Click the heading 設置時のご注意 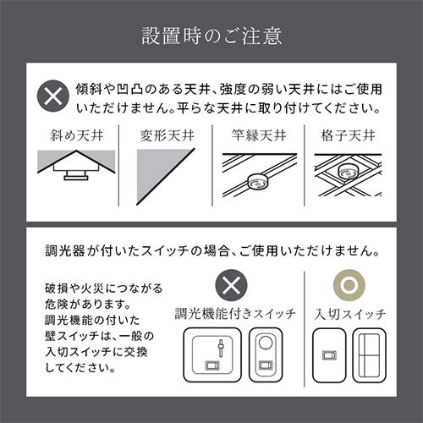click(x=211, y=36)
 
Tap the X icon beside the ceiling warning click(x=53, y=96)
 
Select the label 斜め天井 click(x=77, y=135)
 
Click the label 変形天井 click(x=168, y=135)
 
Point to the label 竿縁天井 click(x=259, y=135)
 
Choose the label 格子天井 click(x=348, y=135)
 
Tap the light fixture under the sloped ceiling click(x=76, y=173)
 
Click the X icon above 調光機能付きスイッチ click(x=231, y=285)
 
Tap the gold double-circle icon click(x=349, y=285)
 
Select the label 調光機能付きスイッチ click(x=235, y=314)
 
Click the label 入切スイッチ click(x=349, y=314)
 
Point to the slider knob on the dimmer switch click(x=221, y=344)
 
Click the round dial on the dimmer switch click(x=266, y=343)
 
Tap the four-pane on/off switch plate click(x=369, y=355)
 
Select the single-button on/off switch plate click(x=329, y=355)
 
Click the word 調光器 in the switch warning click(x=65, y=250)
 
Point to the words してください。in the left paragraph click(x=80, y=367)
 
